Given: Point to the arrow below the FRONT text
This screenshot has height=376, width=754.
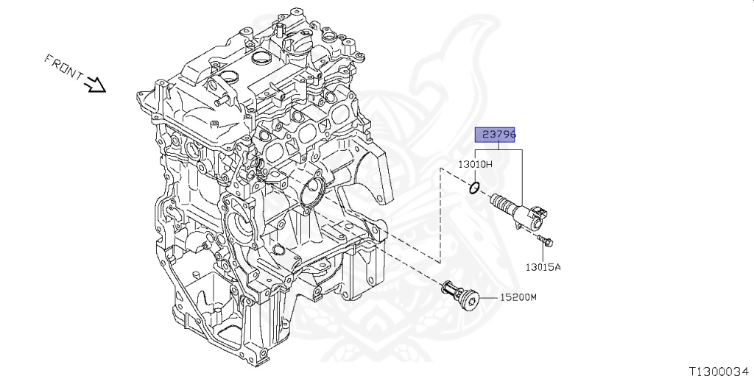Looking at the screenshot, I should (x=96, y=86).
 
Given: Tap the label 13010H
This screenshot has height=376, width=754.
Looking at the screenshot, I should (x=476, y=164).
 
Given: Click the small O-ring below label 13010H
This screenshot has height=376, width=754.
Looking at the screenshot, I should (x=475, y=189).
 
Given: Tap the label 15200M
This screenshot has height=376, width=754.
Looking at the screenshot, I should (x=518, y=297).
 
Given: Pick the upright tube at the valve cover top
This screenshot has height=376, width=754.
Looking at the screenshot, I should (x=280, y=29).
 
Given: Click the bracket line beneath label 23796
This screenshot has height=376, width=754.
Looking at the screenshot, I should (x=498, y=149).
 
